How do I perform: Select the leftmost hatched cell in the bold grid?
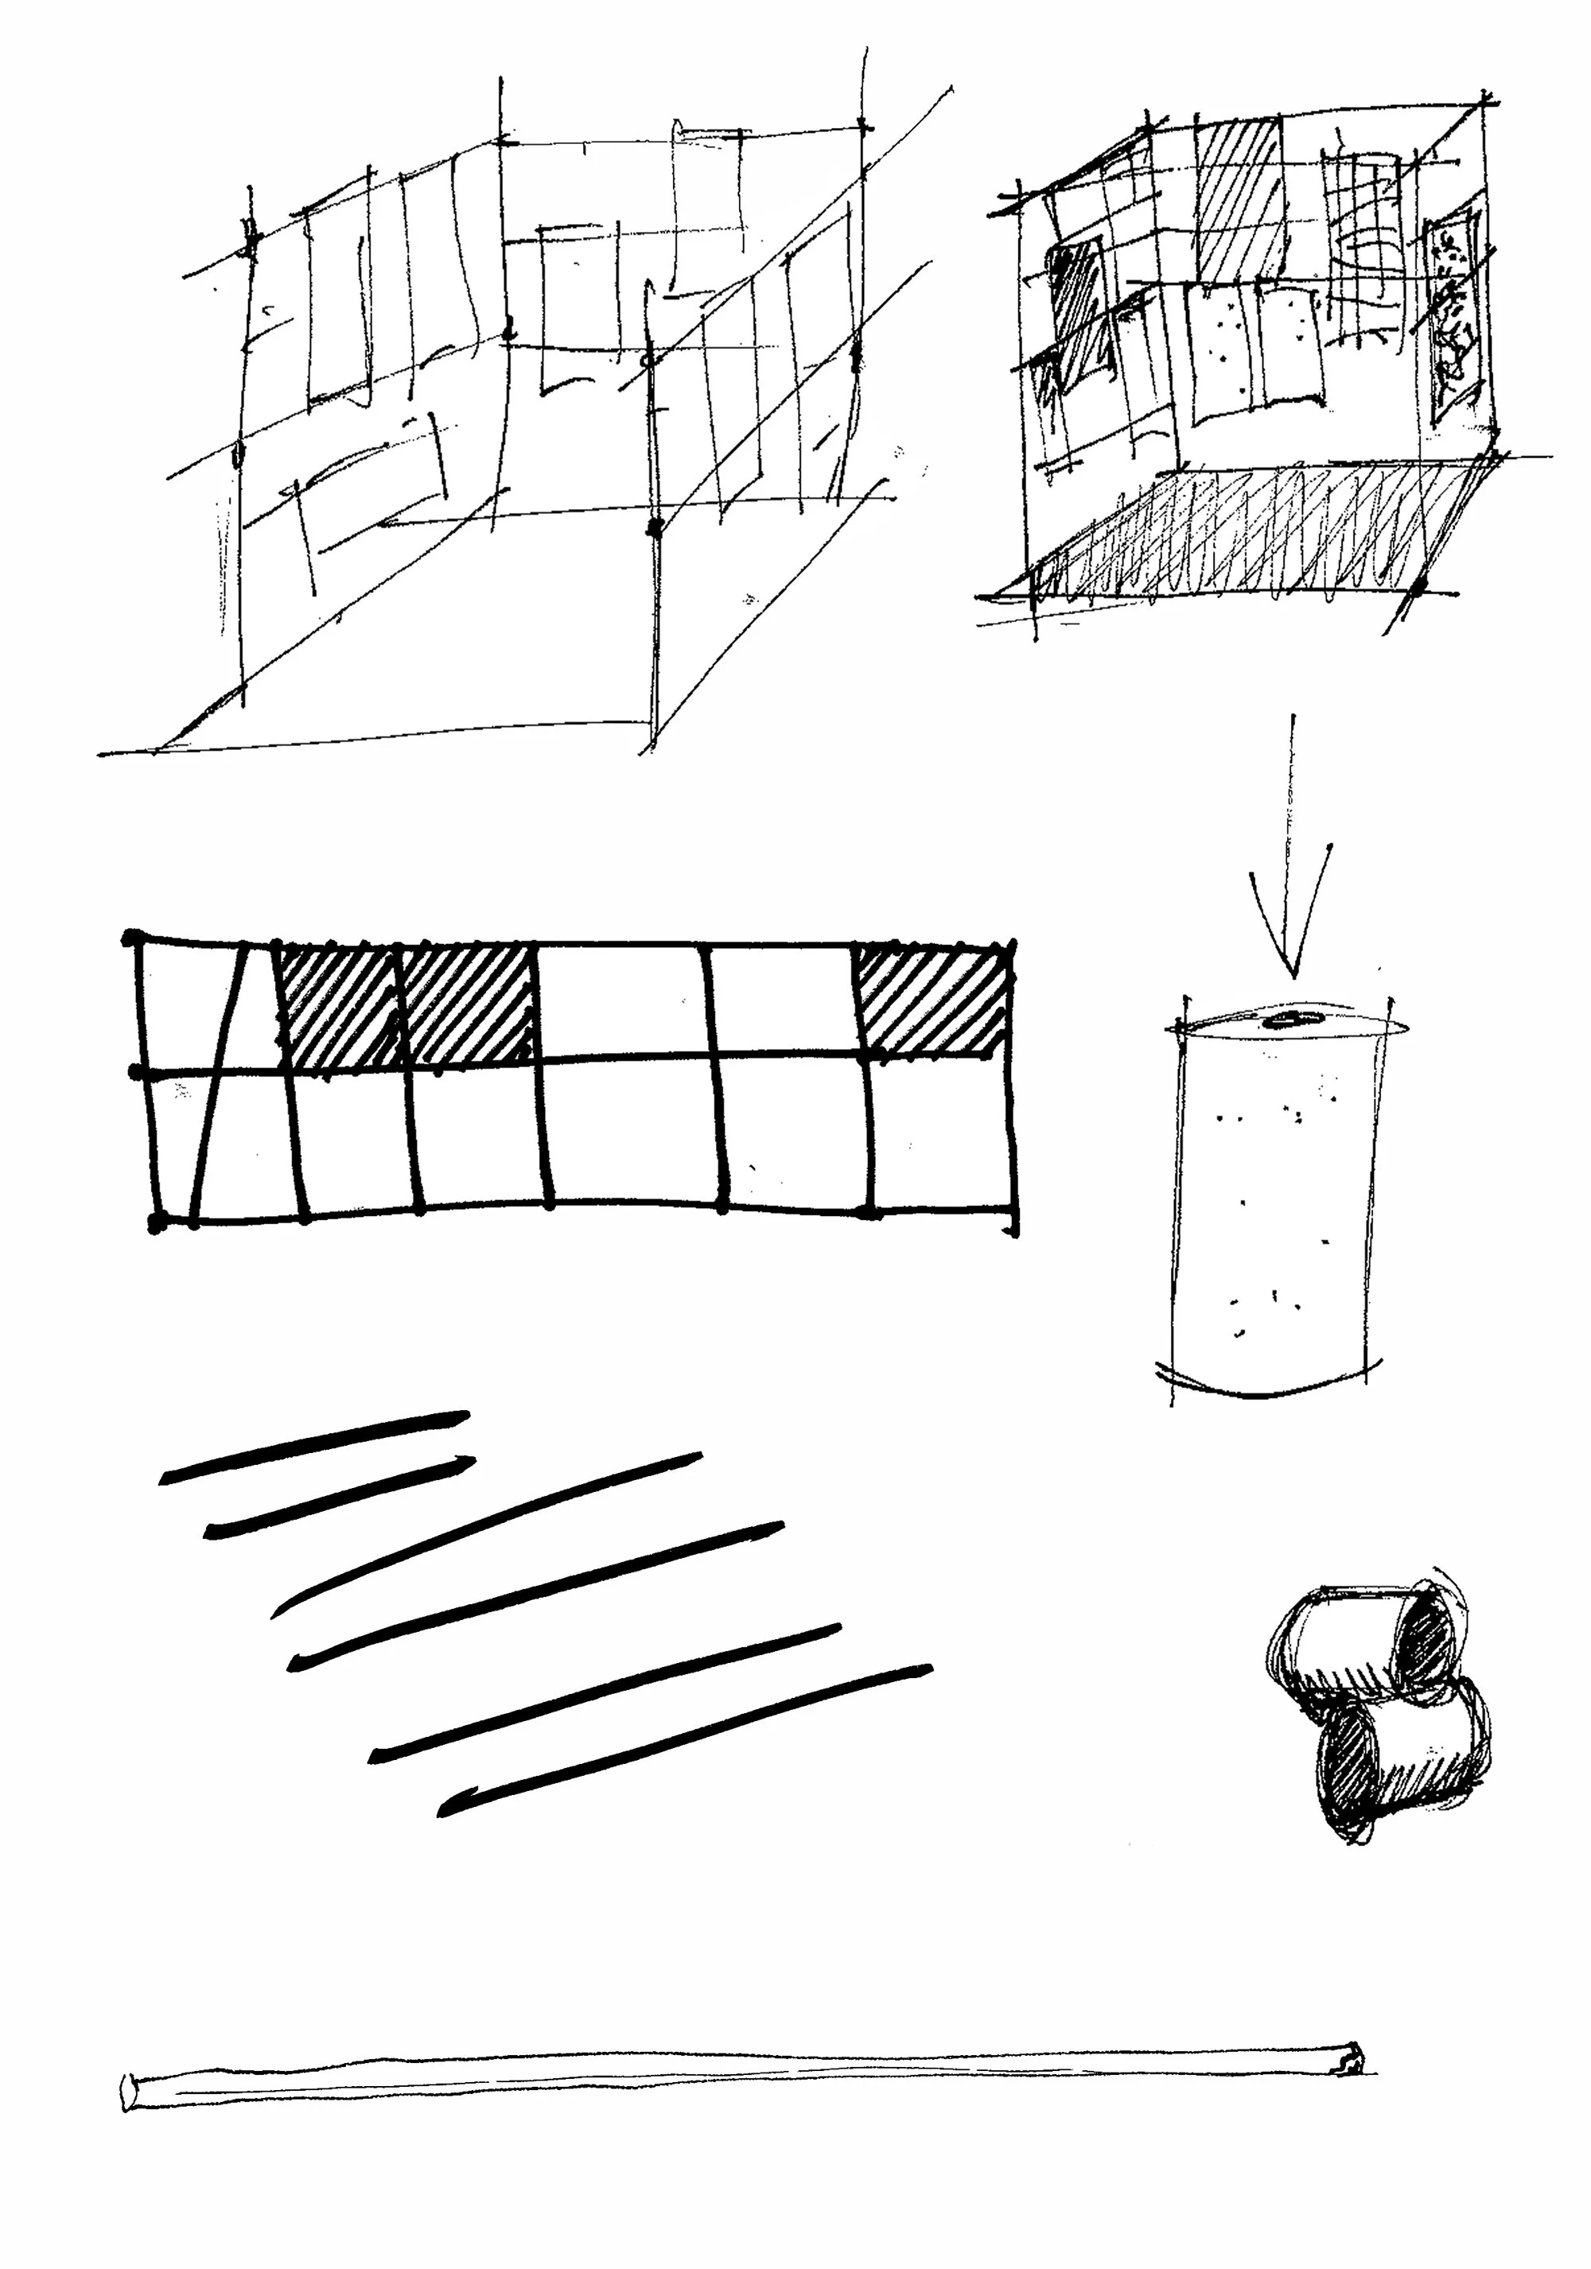pyautogui.click(x=338, y=1008)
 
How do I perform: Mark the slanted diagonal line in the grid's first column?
pyautogui.click(x=217, y=1082)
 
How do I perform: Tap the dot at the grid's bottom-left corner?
pyautogui.click(x=155, y=1225)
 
